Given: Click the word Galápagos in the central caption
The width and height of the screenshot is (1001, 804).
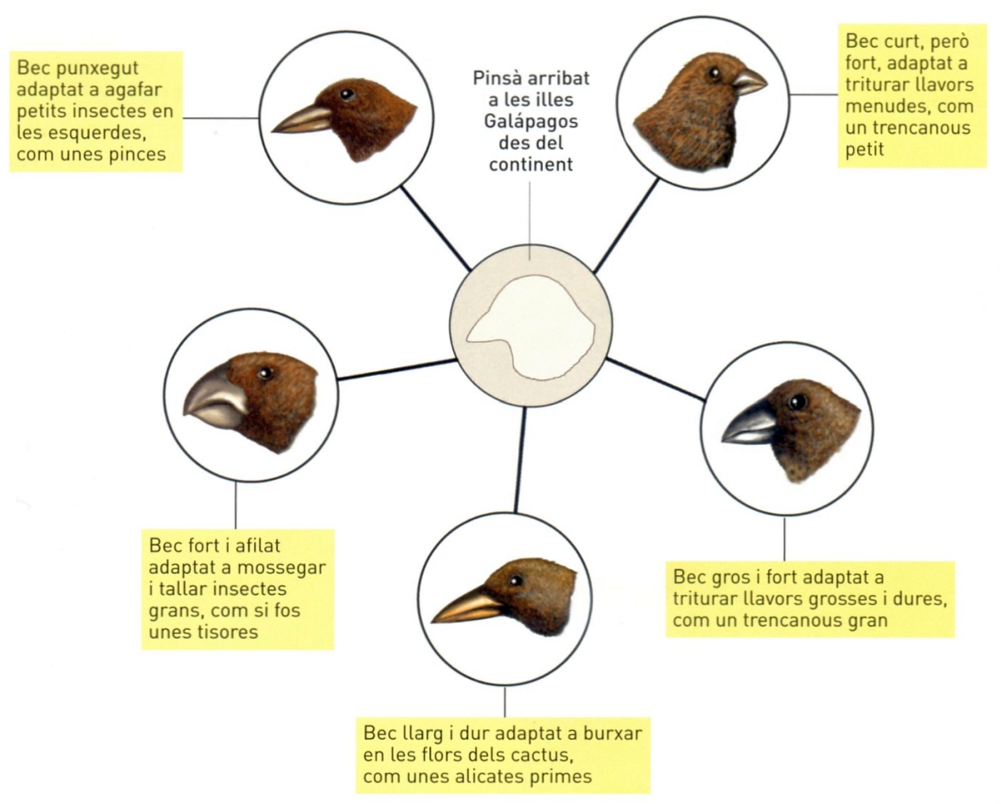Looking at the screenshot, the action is pyautogui.click(x=531, y=123).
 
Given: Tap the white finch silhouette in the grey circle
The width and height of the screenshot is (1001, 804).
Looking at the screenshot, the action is pyautogui.click(x=530, y=327).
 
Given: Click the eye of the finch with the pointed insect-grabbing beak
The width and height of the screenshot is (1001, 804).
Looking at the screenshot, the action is pyautogui.click(x=346, y=95).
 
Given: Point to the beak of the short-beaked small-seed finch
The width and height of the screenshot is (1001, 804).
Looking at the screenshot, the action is pyautogui.click(x=749, y=82).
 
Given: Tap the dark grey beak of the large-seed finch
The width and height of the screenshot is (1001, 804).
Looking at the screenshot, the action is pyautogui.click(x=748, y=423).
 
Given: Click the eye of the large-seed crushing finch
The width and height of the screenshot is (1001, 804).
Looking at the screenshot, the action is pyautogui.click(x=798, y=402).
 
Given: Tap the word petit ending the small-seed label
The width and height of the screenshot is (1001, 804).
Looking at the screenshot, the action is pyautogui.click(x=865, y=150).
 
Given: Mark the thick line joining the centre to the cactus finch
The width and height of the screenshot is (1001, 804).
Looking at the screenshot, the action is pyautogui.click(x=520, y=460).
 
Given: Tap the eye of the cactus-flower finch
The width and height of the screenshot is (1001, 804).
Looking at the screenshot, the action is pyautogui.click(x=516, y=580).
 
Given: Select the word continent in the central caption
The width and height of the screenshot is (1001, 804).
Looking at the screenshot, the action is pyautogui.click(x=531, y=165).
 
